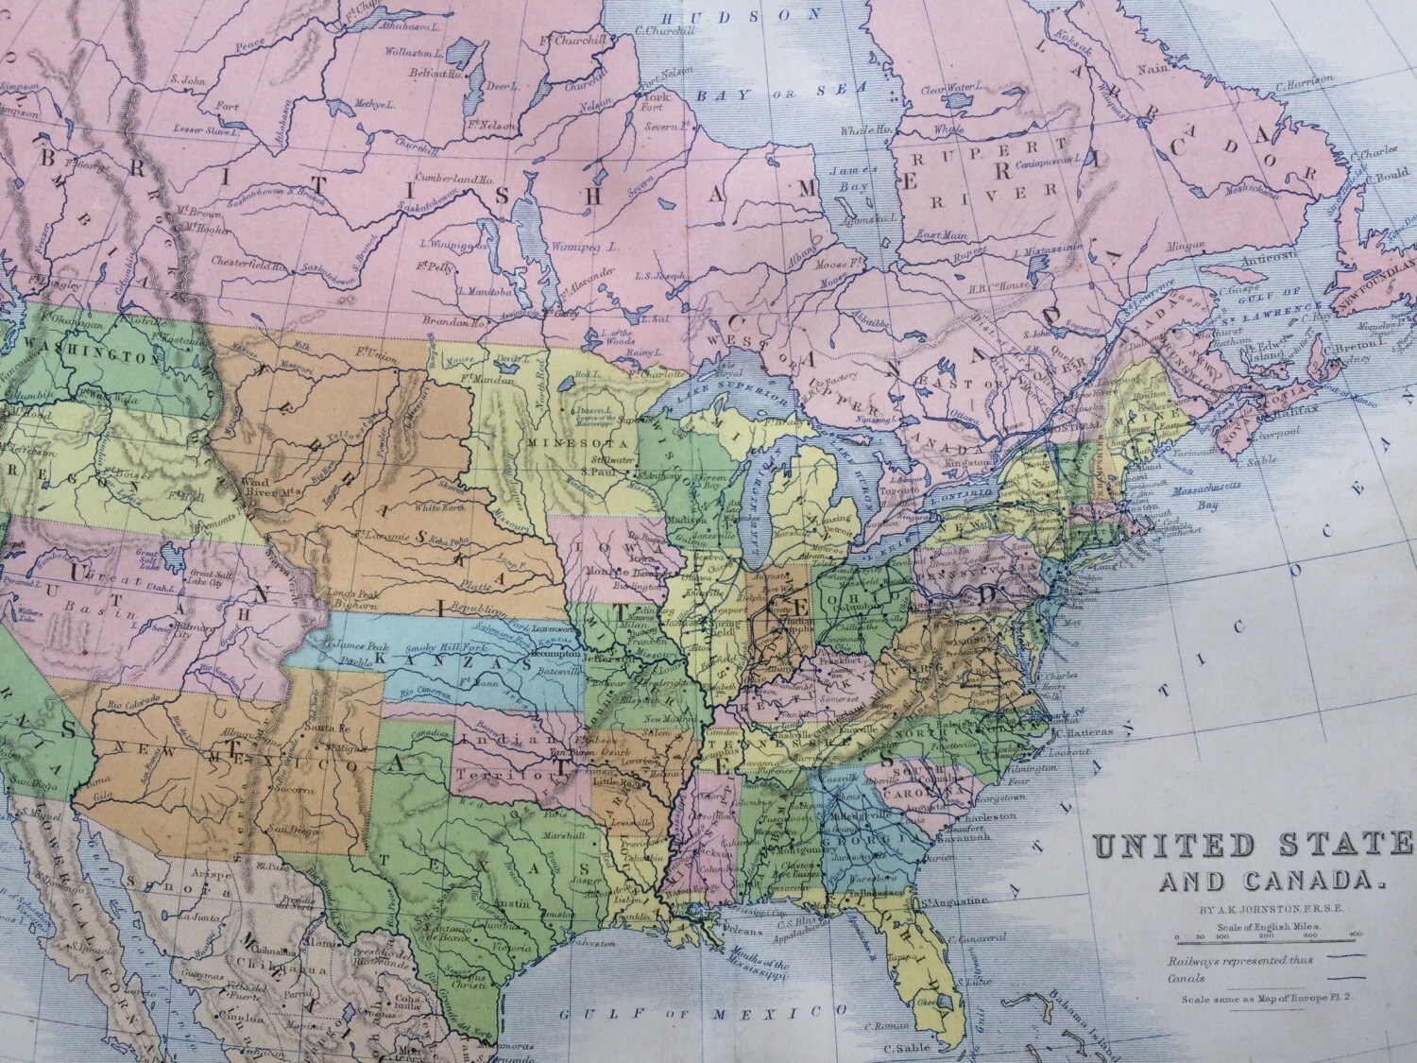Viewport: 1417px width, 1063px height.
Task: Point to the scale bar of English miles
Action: click(x=1253, y=935)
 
